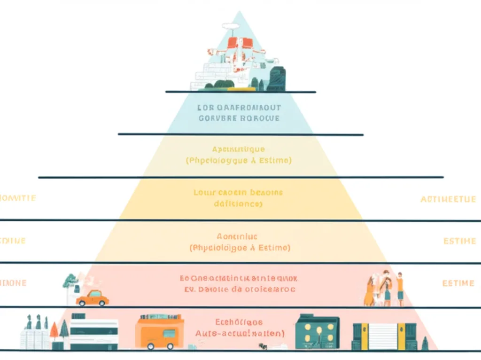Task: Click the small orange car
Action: pos(93,298)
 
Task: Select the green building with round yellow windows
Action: pos(317,332)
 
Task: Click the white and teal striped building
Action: pos(94,334)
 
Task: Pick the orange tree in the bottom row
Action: pos(54,331)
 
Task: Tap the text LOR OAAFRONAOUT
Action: pos(239,107)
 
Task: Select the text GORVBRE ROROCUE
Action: pos(239,118)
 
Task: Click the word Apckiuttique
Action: pos(239,149)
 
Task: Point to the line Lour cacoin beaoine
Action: pos(239,193)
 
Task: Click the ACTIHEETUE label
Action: pos(448,199)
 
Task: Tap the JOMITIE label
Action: pos(18,198)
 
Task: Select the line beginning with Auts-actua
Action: pos(239,334)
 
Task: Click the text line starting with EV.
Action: pos(239,290)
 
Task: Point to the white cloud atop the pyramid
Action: pos(230,26)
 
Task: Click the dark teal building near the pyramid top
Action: pos(276,78)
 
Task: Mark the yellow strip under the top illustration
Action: pos(241,88)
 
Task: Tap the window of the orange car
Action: pos(95,294)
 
